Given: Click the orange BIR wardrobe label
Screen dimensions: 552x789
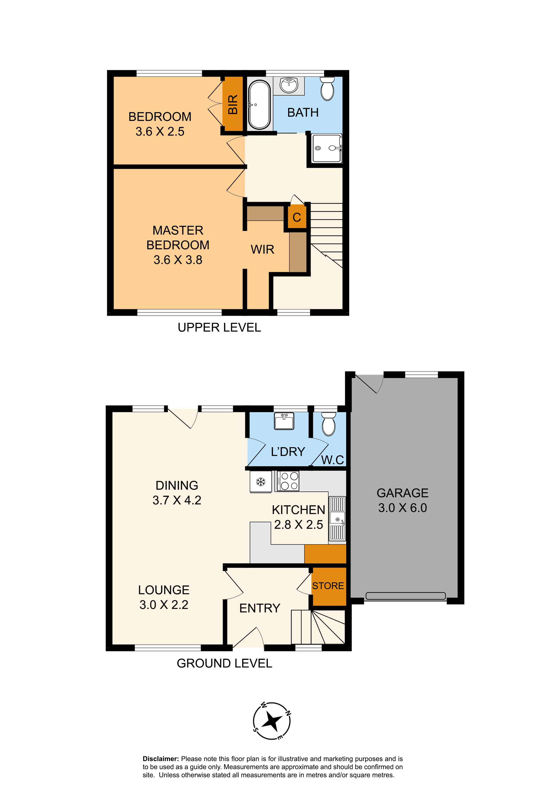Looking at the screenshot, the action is click(x=233, y=104).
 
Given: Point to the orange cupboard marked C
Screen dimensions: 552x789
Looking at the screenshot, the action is click(x=297, y=217).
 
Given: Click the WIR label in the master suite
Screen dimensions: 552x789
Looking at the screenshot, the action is click(x=262, y=249).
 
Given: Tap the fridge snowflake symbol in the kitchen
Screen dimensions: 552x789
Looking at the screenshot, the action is click(x=261, y=482).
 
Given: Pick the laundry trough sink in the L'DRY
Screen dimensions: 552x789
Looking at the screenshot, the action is click(x=284, y=421).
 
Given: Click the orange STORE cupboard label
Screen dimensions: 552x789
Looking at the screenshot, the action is click(x=328, y=585).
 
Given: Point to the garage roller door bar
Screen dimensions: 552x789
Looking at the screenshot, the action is click(x=406, y=596).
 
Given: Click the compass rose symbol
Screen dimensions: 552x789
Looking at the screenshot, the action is click(x=272, y=721).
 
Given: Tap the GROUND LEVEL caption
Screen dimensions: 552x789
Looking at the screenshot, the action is click(x=224, y=663).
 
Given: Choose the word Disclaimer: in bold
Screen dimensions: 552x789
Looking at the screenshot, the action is click(x=161, y=759).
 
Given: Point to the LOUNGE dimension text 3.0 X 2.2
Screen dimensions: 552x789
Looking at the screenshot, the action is click(x=164, y=604).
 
